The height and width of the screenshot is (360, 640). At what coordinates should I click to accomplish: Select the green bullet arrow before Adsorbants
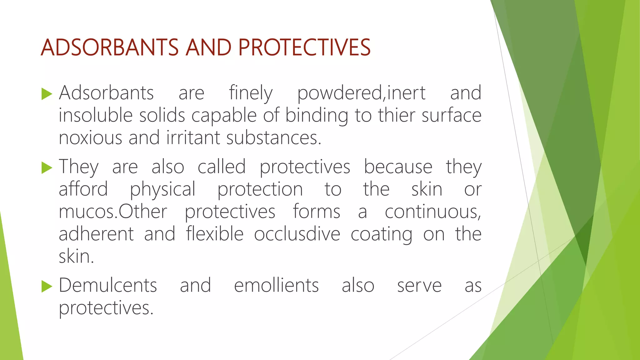coord(47,94)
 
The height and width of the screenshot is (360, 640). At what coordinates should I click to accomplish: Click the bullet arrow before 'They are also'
coord(47,167)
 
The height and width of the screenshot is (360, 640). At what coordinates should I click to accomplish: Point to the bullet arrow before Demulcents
coord(47,286)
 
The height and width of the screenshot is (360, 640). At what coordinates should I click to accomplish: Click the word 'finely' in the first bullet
coord(251,93)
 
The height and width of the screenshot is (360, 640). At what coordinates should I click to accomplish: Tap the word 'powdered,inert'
coord(361,93)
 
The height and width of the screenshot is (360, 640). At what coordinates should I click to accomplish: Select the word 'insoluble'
coord(96,115)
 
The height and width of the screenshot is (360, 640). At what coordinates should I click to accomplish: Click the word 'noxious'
coord(90,138)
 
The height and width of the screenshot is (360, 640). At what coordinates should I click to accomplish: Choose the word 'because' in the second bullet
coord(398,167)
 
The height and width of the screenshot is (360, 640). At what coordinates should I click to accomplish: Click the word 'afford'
coord(83,189)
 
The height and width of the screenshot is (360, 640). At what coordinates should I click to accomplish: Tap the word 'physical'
coord(162,190)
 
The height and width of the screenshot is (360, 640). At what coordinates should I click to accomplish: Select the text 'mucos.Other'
coord(113,212)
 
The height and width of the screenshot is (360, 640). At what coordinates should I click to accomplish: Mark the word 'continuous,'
coord(433,212)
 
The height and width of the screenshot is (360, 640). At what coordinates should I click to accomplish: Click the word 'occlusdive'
coord(297,234)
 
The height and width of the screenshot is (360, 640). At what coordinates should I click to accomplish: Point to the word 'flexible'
coord(215,234)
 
